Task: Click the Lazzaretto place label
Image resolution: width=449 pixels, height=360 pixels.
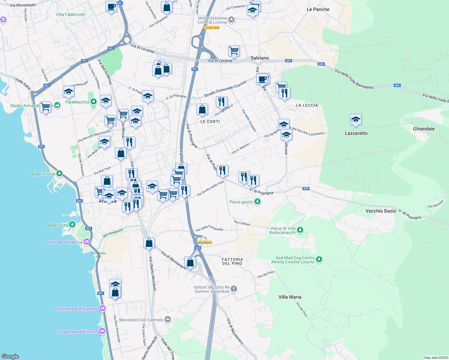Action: click(x=356, y=133)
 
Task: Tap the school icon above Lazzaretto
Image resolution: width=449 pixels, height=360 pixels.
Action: click(x=355, y=120)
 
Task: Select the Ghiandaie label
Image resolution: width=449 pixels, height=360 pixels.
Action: click(x=423, y=129)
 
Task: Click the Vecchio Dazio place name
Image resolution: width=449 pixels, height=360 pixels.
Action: click(x=381, y=211)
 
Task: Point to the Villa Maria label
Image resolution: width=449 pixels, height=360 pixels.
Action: click(x=290, y=297)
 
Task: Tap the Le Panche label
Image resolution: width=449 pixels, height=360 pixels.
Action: click(x=318, y=9)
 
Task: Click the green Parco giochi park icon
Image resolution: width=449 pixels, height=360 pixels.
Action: click(x=257, y=202)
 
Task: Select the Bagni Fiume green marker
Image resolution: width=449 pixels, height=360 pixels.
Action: click(x=59, y=174)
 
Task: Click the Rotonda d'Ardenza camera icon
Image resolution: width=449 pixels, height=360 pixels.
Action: click(x=87, y=242)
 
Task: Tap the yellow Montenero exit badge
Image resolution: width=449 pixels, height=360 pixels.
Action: click(x=205, y=242)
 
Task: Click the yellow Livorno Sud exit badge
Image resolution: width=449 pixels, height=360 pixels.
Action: click(x=212, y=28)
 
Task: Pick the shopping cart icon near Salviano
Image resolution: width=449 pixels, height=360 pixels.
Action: click(x=234, y=51)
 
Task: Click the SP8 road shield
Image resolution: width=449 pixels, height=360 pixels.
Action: click(x=306, y=188)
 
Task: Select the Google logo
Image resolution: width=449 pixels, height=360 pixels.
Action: click(x=10, y=356)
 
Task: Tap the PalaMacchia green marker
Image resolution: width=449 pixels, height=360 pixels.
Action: click(x=94, y=102)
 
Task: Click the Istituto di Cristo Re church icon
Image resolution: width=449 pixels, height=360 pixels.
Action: click(x=234, y=289)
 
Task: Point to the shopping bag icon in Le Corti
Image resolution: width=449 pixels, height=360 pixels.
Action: click(x=202, y=109)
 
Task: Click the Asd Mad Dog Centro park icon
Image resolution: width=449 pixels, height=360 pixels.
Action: click(x=319, y=259)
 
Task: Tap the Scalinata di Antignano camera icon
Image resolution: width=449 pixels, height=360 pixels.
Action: click(x=103, y=308)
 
